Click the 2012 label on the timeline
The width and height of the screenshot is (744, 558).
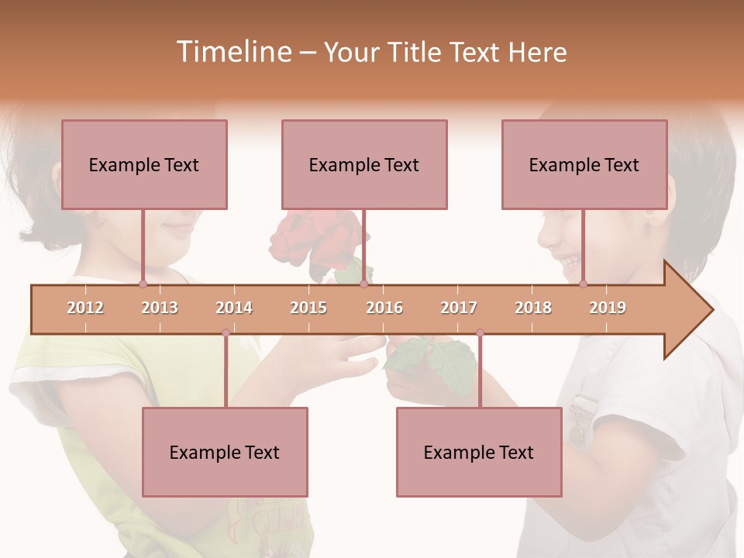click(x=85, y=308)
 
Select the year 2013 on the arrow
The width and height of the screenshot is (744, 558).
click(x=160, y=308)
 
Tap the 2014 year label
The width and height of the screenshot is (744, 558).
click(x=234, y=308)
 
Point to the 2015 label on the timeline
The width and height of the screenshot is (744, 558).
click(x=308, y=308)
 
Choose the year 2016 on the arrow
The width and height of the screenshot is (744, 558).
click(x=384, y=308)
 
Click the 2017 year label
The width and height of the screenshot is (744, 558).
click(x=459, y=308)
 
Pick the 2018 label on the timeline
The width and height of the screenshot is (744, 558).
click(x=533, y=308)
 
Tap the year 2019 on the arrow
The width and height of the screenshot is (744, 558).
click(x=608, y=308)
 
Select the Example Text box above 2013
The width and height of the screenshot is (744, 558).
click(x=144, y=164)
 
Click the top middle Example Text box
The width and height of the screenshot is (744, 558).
click(x=364, y=164)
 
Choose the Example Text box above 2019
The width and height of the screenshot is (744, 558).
click(x=584, y=164)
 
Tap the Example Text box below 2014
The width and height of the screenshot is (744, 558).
click(x=225, y=452)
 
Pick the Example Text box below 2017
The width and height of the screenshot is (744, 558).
click(x=479, y=452)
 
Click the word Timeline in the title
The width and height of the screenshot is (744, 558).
click(x=233, y=52)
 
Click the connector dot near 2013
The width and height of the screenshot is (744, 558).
click(x=143, y=284)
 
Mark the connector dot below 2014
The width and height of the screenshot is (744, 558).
click(x=226, y=333)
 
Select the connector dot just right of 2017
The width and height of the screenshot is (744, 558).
click(x=480, y=333)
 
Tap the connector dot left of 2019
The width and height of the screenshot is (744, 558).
click(x=583, y=284)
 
